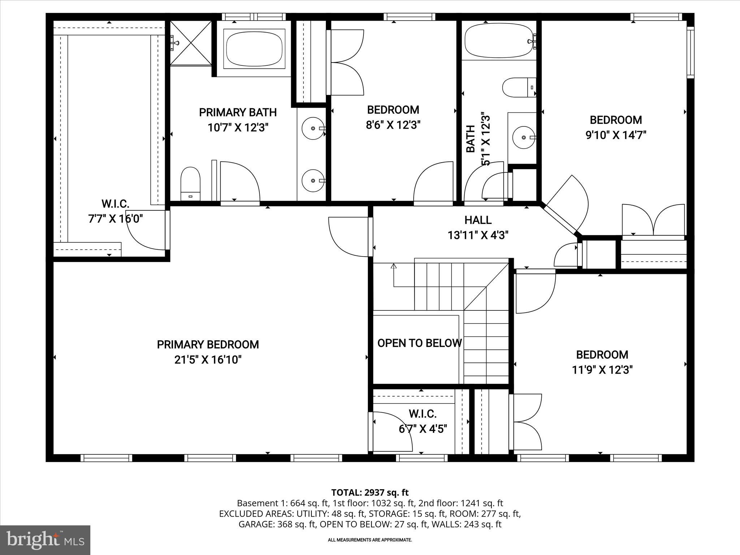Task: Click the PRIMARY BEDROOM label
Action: pyautogui.click(x=208, y=345)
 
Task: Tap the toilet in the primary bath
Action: pyautogui.click(x=190, y=184)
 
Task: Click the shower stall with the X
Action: pyautogui.click(x=191, y=43)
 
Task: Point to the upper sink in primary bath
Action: pyautogui.click(x=313, y=128)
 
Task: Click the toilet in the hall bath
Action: pyautogui.click(x=518, y=87)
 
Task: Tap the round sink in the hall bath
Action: pyautogui.click(x=524, y=137)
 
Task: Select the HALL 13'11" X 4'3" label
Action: pyautogui.click(x=478, y=228)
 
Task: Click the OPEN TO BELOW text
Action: pyautogui.click(x=419, y=343)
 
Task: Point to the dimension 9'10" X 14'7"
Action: pyautogui.click(x=616, y=135)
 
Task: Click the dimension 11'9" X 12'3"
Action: pyautogui.click(x=602, y=370)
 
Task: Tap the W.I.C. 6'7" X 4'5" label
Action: pyautogui.click(x=423, y=421)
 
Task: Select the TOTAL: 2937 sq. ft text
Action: pyautogui.click(x=370, y=492)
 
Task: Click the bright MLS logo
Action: pyautogui.click(x=45, y=540)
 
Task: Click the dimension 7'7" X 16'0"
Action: pyautogui.click(x=116, y=219)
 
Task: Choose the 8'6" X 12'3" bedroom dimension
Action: pyautogui.click(x=393, y=125)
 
